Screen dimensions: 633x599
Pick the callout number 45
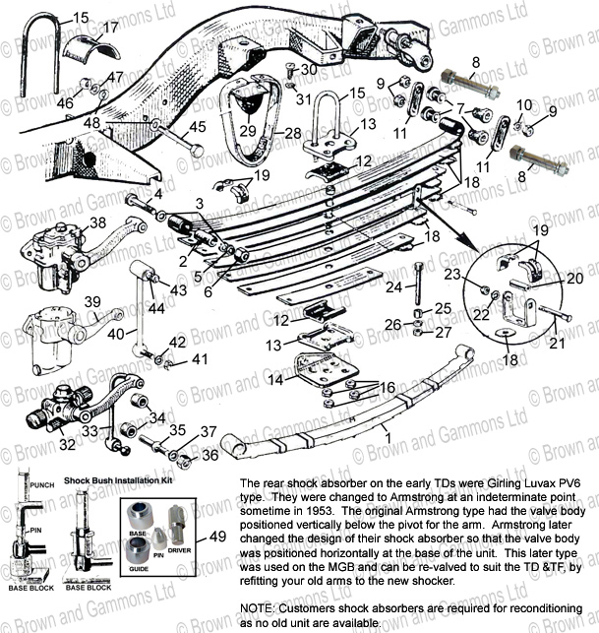click(198, 125)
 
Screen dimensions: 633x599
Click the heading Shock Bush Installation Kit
click(119, 480)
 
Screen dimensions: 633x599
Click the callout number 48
click(91, 123)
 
